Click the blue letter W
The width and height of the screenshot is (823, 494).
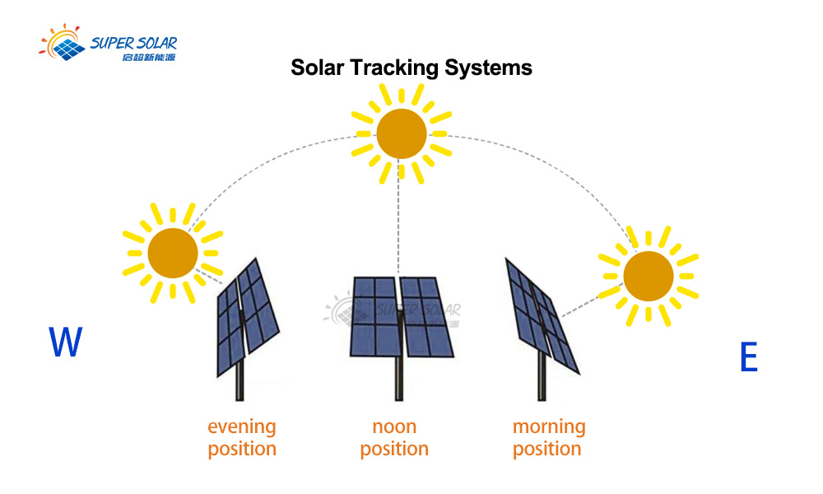click(66, 341)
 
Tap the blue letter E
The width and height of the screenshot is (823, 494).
click(749, 357)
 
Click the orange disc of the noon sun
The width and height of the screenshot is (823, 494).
click(402, 134)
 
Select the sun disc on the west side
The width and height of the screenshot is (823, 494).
click(173, 253)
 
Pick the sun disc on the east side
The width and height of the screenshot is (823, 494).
click(649, 276)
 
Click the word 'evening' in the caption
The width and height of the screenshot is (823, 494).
click(242, 426)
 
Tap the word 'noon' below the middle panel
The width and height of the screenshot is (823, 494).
click(395, 426)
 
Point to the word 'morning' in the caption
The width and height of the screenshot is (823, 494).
click(549, 426)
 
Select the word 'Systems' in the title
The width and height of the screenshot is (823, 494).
click(489, 68)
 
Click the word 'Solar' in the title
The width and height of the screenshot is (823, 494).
click(318, 68)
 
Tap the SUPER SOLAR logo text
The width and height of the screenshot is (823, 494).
click(134, 43)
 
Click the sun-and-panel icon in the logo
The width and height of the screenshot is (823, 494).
click(62, 42)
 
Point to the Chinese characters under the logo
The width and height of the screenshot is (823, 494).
click(149, 58)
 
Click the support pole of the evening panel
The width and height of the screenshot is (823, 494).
click(239, 380)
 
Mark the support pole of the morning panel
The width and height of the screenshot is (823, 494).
click(542, 376)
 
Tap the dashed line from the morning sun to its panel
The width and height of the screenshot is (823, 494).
click(581, 307)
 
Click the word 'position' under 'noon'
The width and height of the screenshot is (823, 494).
click(395, 450)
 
